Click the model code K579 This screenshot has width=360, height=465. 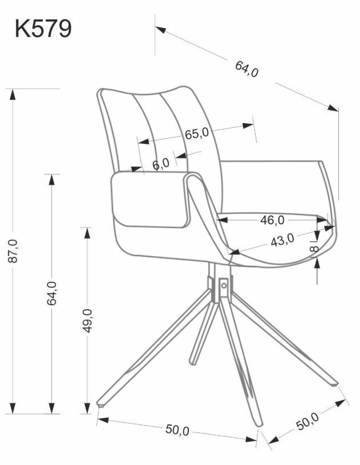(x=43, y=29)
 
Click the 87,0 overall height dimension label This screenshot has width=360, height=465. (x=13, y=250)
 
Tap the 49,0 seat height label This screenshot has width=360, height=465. (x=87, y=320)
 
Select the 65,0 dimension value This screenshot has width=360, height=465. (x=197, y=134)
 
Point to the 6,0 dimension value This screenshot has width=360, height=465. (x=161, y=163)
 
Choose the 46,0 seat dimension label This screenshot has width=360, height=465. (x=272, y=220)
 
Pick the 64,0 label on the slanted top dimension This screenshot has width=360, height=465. (x=246, y=69)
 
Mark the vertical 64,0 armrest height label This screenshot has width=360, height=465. (x=51, y=293)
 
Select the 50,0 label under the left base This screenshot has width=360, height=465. (x=177, y=430)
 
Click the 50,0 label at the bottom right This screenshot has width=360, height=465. (x=308, y=422)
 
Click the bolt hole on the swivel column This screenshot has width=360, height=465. (x=224, y=286)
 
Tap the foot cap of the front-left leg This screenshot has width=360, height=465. (x=102, y=404)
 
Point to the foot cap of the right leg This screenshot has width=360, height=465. (x=334, y=385)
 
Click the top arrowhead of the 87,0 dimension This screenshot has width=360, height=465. (x=12, y=94)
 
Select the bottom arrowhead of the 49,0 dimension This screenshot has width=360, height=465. (x=87, y=408)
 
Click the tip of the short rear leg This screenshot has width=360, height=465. (x=192, y=362)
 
